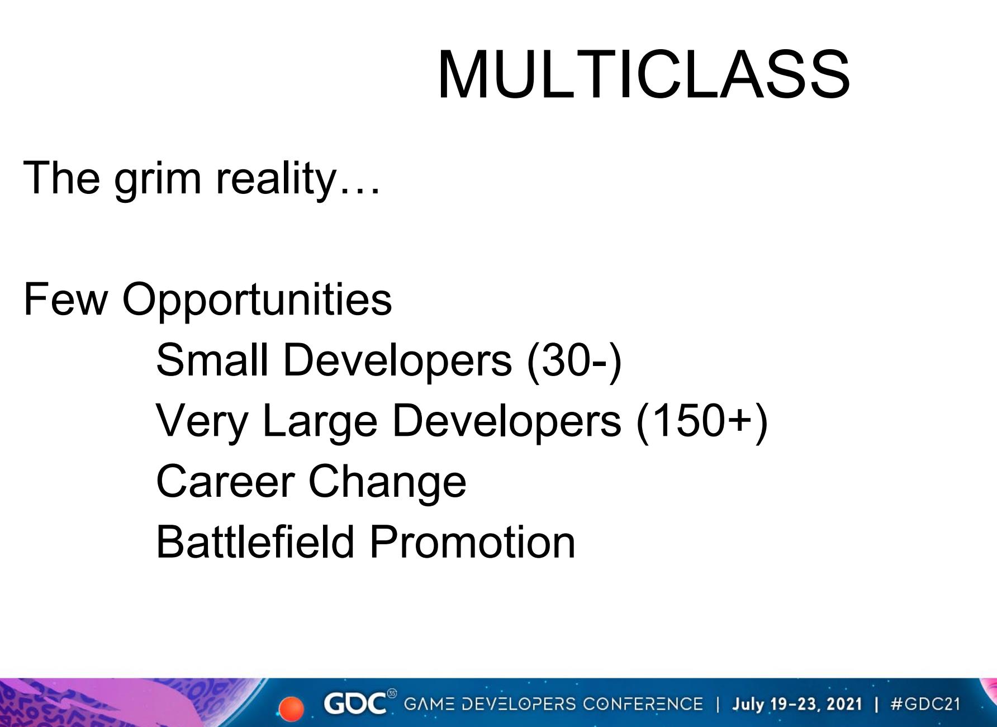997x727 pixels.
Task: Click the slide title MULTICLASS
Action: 643,75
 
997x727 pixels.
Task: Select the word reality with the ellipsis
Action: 298,179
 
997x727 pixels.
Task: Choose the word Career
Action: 225,482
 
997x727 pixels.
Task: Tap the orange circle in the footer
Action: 291,709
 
